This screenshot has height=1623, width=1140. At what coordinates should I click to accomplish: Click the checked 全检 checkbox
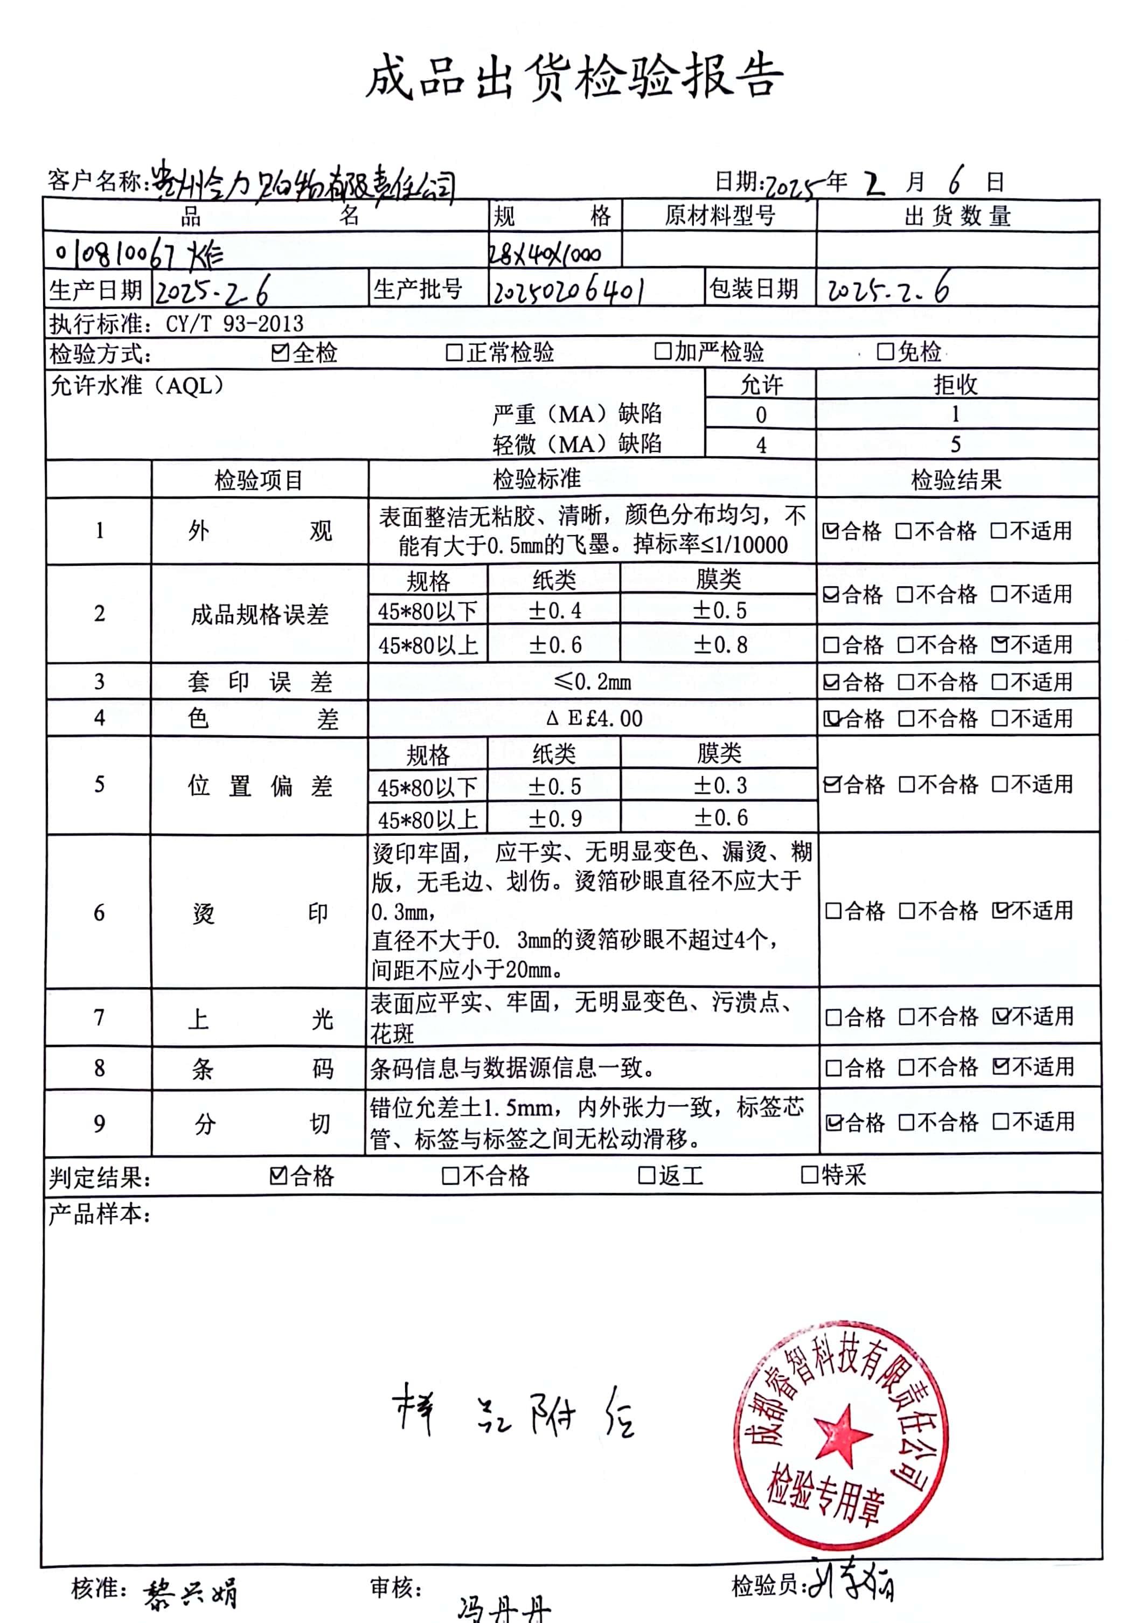pyautogui.click(x=280, y=352)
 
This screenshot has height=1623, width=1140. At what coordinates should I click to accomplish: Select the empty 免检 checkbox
pyautogui.click(x=884, y=351)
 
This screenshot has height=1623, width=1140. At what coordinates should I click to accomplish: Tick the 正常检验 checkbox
pyautogui.click(x=454, y=352)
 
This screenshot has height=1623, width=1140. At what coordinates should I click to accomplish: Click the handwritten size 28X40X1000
pyautogui.click(x=545, y=254)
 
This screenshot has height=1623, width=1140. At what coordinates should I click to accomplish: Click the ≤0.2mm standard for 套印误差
pyautogui.click(x=592, y=682)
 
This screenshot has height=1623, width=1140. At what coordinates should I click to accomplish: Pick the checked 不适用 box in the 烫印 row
pyautogui.click(x=1000, y=911)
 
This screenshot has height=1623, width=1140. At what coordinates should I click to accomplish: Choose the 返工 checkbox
pyautogui.click(x=646, y=1175)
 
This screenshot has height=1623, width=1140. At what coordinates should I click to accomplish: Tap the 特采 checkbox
pyautogui.click(x=809, y=1175)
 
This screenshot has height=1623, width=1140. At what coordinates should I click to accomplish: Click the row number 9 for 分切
pyautogui.click(x=100, y=1124)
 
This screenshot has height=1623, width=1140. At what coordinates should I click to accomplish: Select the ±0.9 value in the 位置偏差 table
pyautogui.click(x=555, y=819)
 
